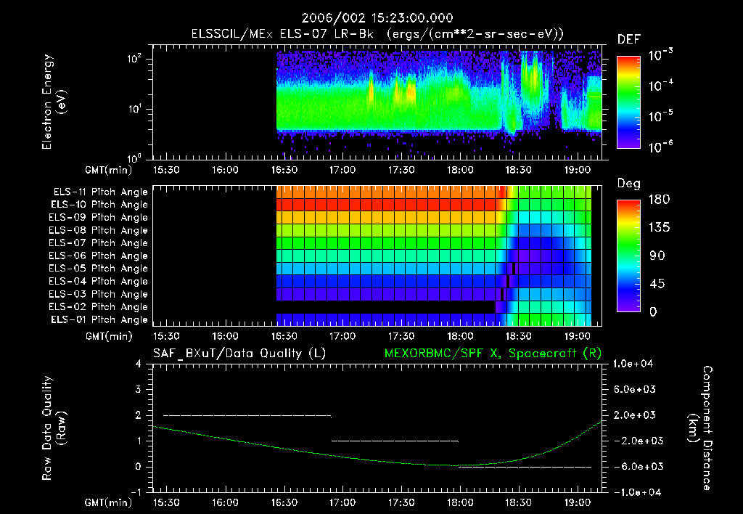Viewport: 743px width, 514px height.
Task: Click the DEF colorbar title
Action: coord(628,39)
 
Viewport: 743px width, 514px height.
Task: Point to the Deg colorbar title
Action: coord(628,183)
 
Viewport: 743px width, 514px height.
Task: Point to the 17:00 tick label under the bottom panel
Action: coord(342,502)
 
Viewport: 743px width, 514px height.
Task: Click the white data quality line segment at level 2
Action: coord(247,415)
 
